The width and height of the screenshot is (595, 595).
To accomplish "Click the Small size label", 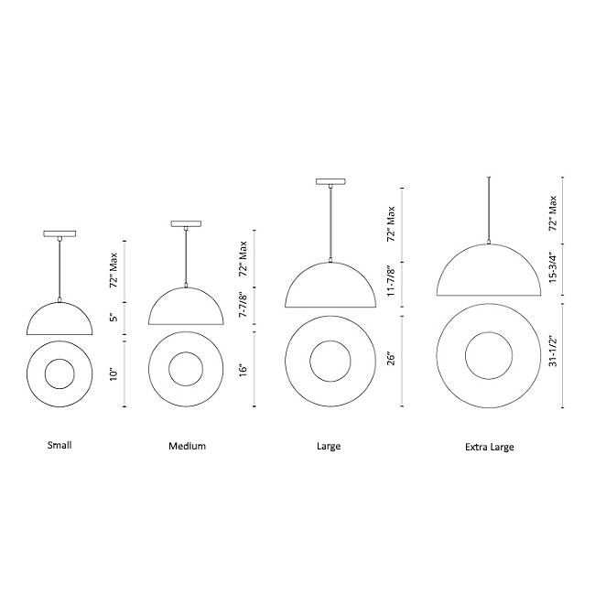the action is pos(59,445).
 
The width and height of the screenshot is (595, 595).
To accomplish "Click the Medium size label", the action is pos(187,446).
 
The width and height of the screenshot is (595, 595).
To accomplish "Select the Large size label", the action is pos(329,446).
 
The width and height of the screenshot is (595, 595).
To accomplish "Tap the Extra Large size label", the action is pos(490,447).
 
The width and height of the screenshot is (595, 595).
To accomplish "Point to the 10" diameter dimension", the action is pos(114,374).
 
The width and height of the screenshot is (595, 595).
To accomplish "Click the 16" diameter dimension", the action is pos(243,370).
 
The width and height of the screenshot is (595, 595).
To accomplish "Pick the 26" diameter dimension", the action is pos(391,358).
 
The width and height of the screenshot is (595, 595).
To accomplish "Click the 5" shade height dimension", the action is pos(114,317).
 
